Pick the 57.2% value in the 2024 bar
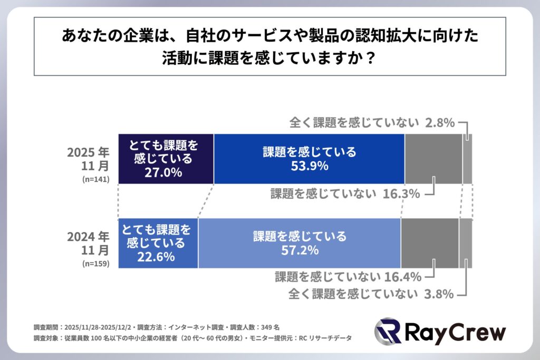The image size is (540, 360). click(300, 250)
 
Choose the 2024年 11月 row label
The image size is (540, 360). click(88, 241)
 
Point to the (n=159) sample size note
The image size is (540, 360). click(95, 263)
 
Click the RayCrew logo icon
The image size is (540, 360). click(388, 332)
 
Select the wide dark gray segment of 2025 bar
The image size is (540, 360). click(433, 159)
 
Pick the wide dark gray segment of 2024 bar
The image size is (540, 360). click(429, 243)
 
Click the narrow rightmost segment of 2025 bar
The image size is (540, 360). click(467, 159)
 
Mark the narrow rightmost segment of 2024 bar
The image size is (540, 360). click(465, 243)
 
